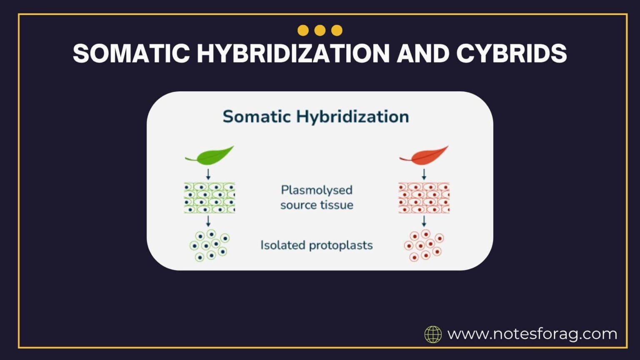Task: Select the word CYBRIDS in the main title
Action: point(511,53)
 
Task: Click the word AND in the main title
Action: point(422,53)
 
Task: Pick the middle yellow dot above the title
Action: point(320,30)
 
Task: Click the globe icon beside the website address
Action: point(433,334)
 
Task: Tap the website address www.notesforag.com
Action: point(532,334)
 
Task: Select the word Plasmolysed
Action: point(317,190)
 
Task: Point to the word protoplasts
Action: point(340,245)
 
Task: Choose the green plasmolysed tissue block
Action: point(210,198)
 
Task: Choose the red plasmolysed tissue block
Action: point(424,198)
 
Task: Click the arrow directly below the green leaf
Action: point(208,174)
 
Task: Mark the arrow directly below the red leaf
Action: point(424,174)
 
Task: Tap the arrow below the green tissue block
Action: point(208,221)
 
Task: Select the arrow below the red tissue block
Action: point(424,221)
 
